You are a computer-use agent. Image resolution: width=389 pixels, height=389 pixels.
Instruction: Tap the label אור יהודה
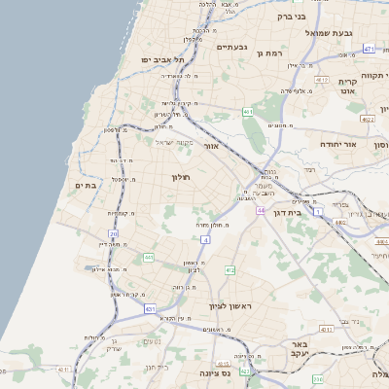[338, 144]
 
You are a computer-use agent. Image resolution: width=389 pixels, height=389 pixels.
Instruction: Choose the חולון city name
[181, 178]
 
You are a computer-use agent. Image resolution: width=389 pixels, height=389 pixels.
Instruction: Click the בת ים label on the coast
[85, 185]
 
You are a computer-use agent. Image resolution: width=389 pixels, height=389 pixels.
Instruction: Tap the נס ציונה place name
[213, 373]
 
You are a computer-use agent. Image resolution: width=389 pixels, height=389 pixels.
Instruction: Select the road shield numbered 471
[369, 48]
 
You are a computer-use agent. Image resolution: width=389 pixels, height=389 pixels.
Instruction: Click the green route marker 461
[249, 112]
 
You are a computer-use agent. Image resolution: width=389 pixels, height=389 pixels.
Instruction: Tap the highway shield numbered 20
[114, 233]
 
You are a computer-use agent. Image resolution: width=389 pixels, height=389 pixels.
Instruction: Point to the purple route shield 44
[261, 210]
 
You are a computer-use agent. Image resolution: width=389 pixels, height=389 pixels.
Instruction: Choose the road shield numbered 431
[151, 308]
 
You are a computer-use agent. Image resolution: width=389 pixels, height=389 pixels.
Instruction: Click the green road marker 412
[230, 270]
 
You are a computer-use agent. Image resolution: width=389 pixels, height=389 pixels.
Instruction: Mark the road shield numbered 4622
[367, 120]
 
